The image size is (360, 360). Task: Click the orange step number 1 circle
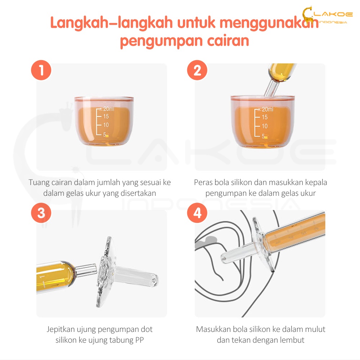tap(41, 70)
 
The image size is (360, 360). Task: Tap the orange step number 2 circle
tap(197, 70)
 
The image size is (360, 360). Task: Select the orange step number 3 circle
tap(41, 213)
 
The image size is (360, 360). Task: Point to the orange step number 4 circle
tap(197, 213)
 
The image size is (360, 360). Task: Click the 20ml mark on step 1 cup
tap(109, 109)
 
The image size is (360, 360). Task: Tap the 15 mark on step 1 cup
tap(106, 116)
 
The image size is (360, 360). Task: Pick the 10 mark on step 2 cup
tap(265, 126)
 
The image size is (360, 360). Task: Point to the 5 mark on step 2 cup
tap(264, 136)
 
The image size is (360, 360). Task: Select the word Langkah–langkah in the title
tap(111, 23)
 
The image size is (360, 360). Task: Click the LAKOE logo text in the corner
tap(333, 14)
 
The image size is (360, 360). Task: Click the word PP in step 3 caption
tap(139, 340)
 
